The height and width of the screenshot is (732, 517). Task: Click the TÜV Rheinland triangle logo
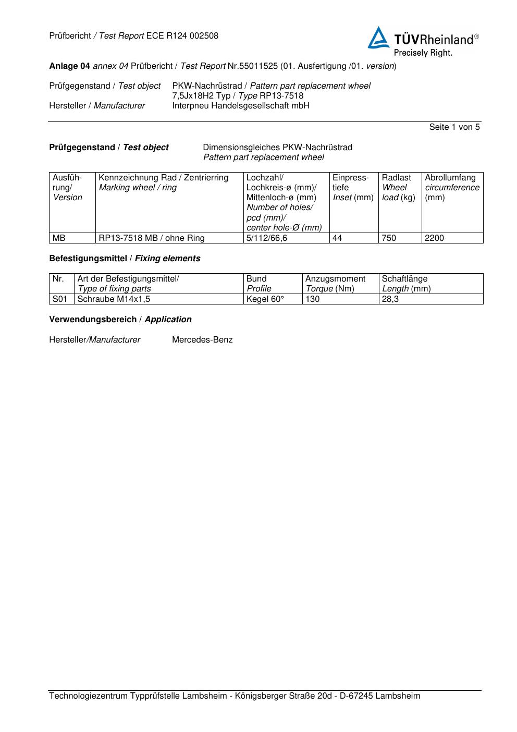(x=379, y=38)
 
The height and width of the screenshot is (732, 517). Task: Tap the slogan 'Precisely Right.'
(x=423, y=53)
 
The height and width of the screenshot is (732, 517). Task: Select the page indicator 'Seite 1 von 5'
(x=454, y=127)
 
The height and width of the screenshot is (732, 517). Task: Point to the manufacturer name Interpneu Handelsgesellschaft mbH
(x=241, y=106)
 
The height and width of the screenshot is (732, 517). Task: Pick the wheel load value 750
(x=389, y=238)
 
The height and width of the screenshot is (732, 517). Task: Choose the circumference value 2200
(x=435, y=238)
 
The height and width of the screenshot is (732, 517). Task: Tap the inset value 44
(x=338, y=238)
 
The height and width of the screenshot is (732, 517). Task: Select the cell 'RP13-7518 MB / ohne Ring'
(x=152, y=238)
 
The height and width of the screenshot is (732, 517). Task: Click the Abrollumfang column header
(x=452, y=188)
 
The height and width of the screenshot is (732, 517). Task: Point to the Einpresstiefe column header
(x=353, y=188)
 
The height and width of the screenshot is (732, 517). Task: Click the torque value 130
(x=313, y=299)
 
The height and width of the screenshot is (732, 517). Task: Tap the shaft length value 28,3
(x=390, y=299)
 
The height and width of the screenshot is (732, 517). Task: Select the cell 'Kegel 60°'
(x=265, y=299)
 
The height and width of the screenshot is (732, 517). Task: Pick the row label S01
(x=60, y=299)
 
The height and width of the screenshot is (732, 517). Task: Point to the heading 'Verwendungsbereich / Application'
(x=120, y=320)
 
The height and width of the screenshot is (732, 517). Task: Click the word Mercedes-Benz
(x=202, y=340)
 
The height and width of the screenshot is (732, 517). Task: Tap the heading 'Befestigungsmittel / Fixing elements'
(x=125, y=259)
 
